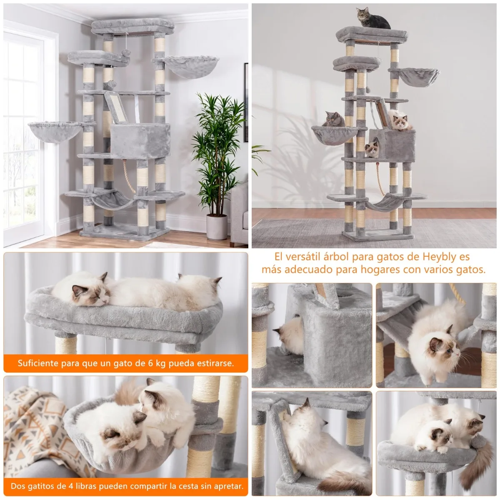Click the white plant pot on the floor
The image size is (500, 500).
pyautogui.click(x=217, y=227)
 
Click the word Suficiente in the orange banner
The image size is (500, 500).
pyautogui.click(x=37, y=363)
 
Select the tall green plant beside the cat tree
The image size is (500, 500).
pyautogui.click(x=218, y=153)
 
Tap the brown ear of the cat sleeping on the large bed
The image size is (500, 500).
pyautogui.click(x=104, y=277)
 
